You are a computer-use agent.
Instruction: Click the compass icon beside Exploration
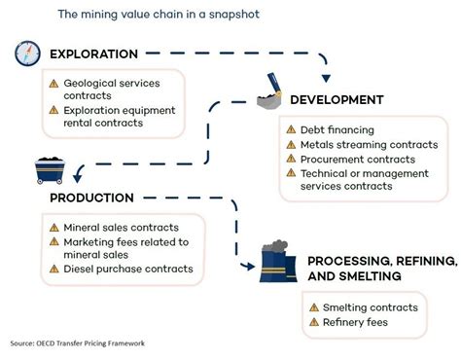25,54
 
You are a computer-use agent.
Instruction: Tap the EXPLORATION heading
93,54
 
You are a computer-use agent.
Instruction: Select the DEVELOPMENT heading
336,99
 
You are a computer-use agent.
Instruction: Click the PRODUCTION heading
91,198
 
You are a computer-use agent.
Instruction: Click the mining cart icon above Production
50,170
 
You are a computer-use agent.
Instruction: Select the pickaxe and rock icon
271,95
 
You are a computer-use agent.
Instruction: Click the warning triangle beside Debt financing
292,129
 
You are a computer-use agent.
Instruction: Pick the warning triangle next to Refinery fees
314,321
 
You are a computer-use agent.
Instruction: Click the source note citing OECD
77,343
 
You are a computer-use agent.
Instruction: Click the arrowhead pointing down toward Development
324,77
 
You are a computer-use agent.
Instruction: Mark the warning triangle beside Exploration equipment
54,112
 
